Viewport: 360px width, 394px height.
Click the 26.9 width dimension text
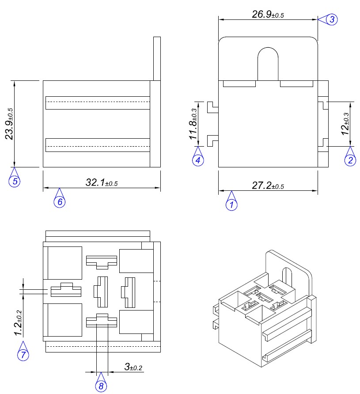268,14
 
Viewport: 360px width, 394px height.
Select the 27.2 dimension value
268,186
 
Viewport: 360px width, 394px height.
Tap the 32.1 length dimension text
102,182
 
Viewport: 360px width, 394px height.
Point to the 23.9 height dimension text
10,124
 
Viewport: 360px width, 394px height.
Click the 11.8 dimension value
193,124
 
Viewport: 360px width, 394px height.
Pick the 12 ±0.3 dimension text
345,124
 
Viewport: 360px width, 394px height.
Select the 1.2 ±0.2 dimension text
18,323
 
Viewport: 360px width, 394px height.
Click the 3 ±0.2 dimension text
133,367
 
